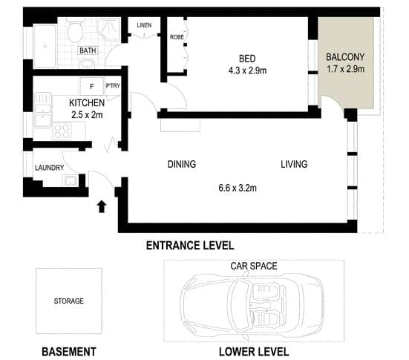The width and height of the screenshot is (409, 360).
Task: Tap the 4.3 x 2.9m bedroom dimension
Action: (x=247, y=71)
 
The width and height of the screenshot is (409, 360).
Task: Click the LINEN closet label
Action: (x=144, y=25)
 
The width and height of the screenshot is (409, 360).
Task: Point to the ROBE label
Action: (x=177, y=36)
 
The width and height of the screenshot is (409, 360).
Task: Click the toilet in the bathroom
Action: (x=74, y=33)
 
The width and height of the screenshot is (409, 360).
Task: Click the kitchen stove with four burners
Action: (x=62, y=131)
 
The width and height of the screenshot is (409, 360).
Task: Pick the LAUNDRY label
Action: (x=50, y=168)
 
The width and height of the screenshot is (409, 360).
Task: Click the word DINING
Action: (x=182, y=164)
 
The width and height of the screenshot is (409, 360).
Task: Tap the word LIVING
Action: (x=294, y=164)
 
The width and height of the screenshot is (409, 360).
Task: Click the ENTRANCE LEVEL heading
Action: (x=190, y=245)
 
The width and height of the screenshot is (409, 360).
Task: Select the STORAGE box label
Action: (x=69, y=301)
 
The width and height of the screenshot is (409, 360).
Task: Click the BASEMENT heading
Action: (x=69, y=350)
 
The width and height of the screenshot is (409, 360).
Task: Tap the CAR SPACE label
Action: (x=254, y=265)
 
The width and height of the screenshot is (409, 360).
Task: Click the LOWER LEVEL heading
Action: (x=254, y=351)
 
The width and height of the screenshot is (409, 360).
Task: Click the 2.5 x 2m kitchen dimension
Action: (x=86, y=114)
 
